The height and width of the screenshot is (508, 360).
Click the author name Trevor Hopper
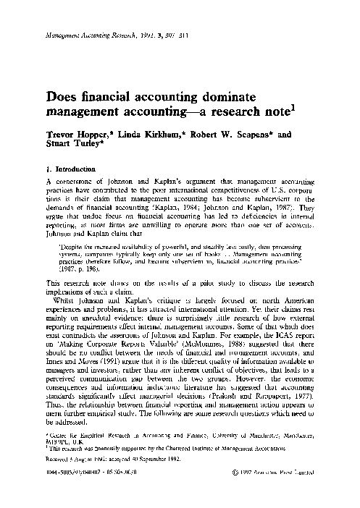pyautogui.click(x=77, y=135)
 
